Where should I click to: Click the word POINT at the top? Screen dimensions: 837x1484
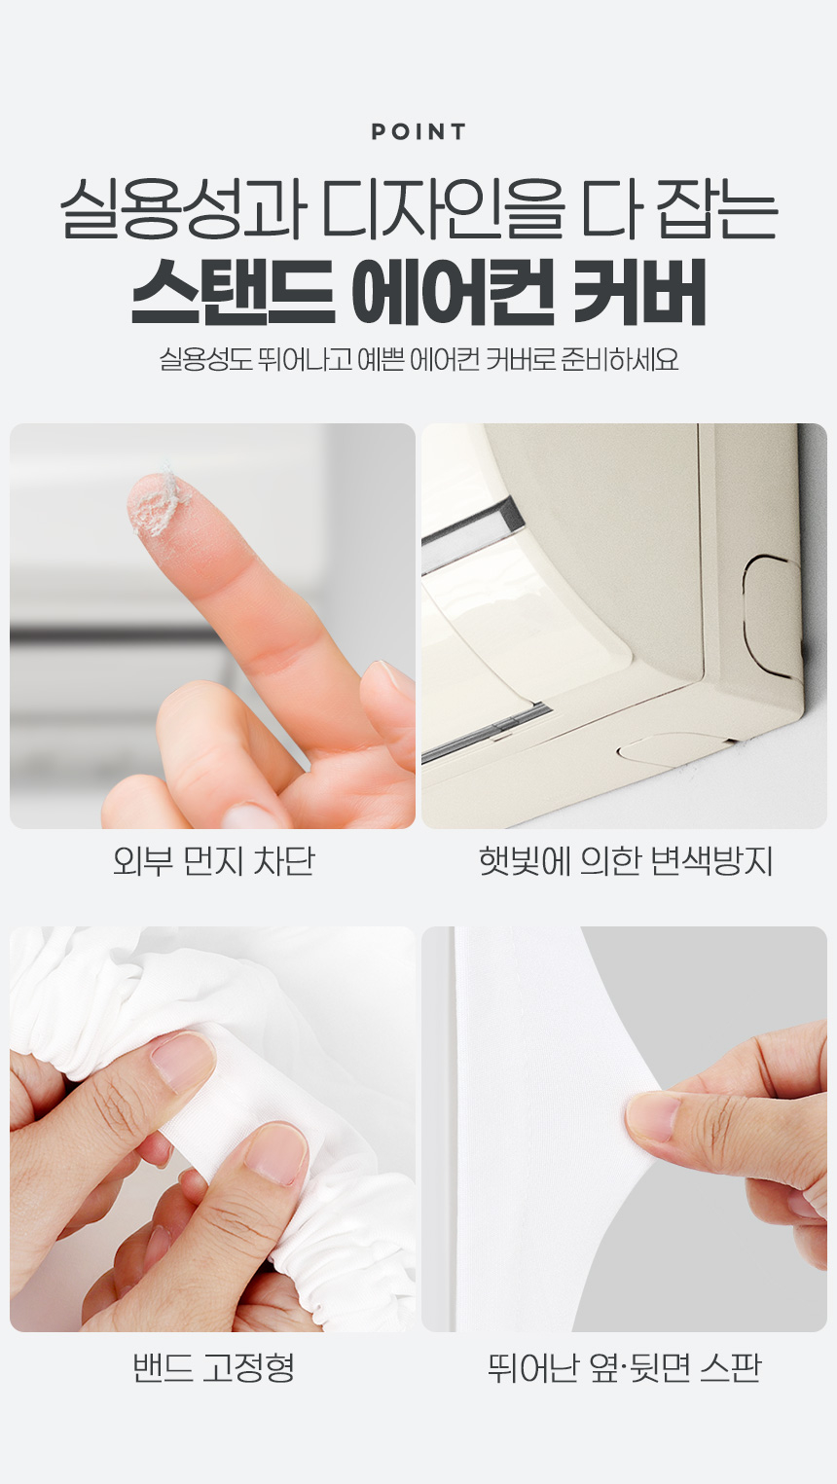(418, 131)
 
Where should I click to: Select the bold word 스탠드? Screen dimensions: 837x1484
(233, 292)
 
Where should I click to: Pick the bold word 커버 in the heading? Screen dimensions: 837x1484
(638, 292)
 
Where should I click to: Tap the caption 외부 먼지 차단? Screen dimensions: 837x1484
(213, 862)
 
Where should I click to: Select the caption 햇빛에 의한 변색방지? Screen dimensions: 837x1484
(626, 862)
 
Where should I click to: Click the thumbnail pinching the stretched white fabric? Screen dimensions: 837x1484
(653, 1124)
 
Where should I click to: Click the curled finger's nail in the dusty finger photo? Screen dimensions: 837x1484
(390, 682)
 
